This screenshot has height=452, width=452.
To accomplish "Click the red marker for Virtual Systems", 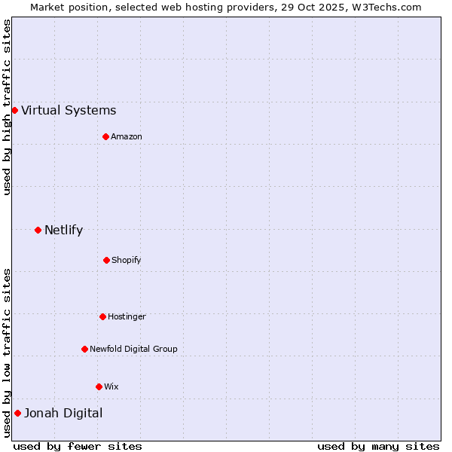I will tap(14, 110).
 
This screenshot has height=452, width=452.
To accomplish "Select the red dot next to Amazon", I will tap(105, 136).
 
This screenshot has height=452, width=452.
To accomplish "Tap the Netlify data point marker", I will tap(38, 230).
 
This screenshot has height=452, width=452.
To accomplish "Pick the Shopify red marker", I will tap(106, 260).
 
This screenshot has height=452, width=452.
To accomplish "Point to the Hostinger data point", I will tap(102, 316).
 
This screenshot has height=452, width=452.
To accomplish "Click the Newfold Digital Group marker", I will tap(84, 349).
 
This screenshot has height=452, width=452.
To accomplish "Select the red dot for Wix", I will tap(99, 386).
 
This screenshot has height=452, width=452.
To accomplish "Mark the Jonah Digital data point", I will tap(17, 413).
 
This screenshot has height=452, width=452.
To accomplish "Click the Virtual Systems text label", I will tap(69, 111).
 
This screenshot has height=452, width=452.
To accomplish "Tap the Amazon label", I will tap(127, 136).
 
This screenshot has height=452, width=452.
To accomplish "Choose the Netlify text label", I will tap(63, 231).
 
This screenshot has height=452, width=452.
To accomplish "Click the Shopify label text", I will tap(127, 261).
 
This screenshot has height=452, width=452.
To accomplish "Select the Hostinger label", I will tap(127, 317).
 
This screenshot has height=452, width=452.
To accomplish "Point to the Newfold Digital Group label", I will tap(133, 350).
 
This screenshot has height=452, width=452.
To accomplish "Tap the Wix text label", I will tap(111, 387).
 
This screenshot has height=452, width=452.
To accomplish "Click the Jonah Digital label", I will tap(63, 414).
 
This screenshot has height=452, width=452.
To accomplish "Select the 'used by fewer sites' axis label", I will tap(78, 446).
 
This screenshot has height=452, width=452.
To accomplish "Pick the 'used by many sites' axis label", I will tap(378, 446).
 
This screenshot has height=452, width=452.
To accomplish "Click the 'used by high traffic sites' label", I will tap(7, 108).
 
